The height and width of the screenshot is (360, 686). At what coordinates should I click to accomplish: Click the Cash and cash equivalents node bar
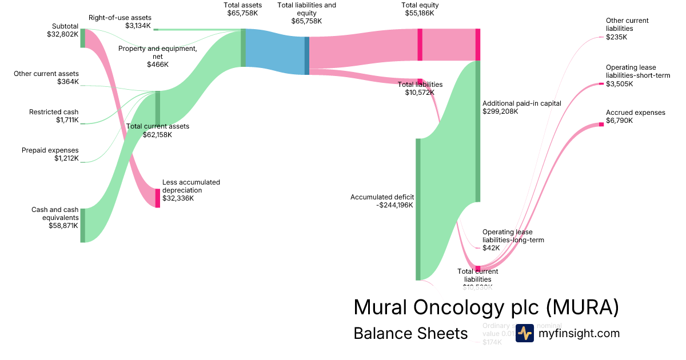82,225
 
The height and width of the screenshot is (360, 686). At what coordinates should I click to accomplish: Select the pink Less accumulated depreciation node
158,198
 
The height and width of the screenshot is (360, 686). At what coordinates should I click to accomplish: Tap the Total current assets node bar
158,107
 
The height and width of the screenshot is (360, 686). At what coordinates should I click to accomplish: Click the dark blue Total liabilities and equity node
307,55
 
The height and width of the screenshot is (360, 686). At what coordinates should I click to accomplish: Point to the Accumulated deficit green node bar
418,209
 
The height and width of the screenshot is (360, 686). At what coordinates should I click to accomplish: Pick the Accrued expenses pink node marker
601,124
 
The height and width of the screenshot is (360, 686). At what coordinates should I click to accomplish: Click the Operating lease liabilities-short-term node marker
601,84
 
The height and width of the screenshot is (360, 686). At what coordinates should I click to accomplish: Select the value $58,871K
63,226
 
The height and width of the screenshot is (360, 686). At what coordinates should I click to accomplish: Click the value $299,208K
500,111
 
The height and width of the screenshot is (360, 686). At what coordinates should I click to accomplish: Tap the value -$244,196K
395,205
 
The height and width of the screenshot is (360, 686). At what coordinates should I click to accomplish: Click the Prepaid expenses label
50,150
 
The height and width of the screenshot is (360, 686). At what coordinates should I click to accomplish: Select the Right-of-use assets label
119,18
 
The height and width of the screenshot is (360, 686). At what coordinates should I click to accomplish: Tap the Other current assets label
46,74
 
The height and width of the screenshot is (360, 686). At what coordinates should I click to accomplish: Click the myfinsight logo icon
524,333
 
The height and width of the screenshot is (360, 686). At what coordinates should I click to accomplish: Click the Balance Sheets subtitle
410,333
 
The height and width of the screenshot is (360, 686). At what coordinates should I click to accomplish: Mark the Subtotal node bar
82,38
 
